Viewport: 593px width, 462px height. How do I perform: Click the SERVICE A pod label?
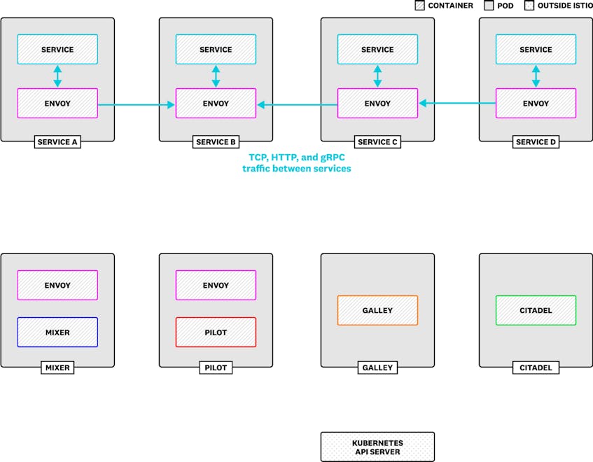pyautogui.click(x=57, y=142)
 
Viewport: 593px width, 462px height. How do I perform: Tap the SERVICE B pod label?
pyautogui.click(x=216, y=142)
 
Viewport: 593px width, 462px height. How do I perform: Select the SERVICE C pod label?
pyautogui.click(x=377, y=142)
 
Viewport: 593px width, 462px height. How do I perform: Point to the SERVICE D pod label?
pyautogui.click(x=536, y=142)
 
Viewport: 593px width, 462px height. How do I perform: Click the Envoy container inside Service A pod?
pyautogui.click(x=57, y=103)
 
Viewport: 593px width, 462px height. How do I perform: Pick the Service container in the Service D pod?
pyautogui.click(x=536, y=49)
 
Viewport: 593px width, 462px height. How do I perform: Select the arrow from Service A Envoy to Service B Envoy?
pyautogui.click(x=136, y=105)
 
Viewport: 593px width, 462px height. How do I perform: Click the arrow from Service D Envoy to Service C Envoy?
pyautogui.click(x=457, y=103)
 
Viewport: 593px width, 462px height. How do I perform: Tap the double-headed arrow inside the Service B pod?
pyautogui.click(x=216, y=76)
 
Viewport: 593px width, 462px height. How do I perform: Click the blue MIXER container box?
pyautogui.click(x=57, y=332)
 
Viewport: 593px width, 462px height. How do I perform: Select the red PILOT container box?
pyautogui.click(x=216, y=332)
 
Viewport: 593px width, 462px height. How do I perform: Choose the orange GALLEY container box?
pyautogui.click(x=377, y=310)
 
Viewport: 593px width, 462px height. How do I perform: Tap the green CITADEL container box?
pyautogui.click(x=536, y=310)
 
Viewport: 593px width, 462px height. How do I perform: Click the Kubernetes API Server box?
pyautogui.click(x=377, y=447)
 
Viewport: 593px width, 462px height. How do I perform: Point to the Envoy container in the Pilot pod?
pyautogui.click(x=216, y=285)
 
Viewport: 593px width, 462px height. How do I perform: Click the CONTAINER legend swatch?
pyautogui.click(x=420, y=6)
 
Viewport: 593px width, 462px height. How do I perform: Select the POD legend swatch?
pyautogui.click(x=489, y=6)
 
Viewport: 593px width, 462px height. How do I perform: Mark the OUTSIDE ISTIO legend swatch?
pyautogui.click(x=529, y=6)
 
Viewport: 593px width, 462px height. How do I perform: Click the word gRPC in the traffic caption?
pyautogui.click(x=333, y=157)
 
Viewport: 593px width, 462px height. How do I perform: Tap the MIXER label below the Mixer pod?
pyautogui.click(x=57, y=367)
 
